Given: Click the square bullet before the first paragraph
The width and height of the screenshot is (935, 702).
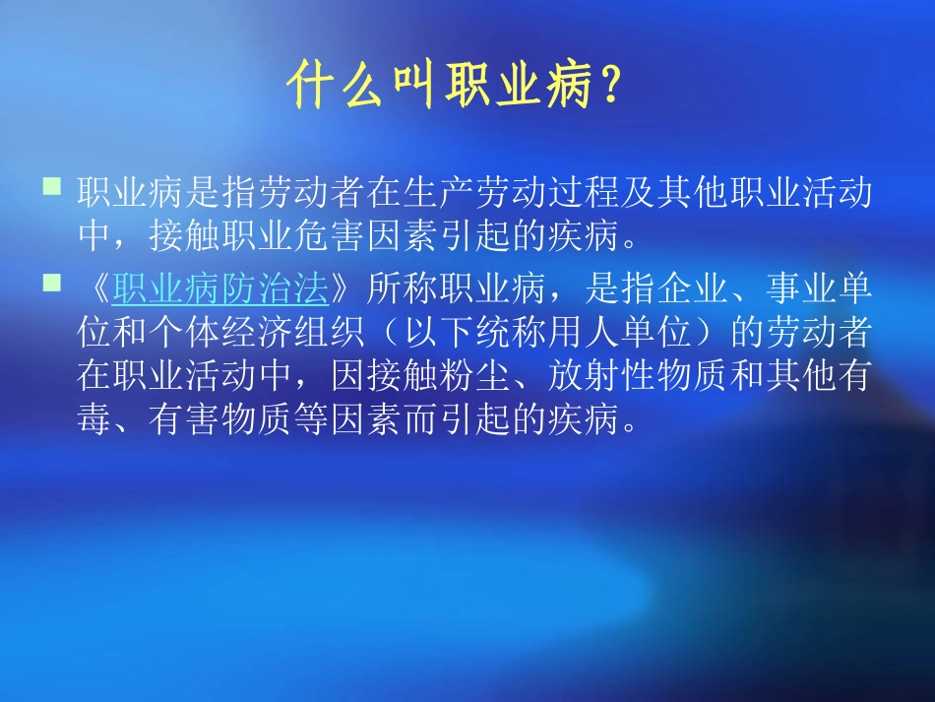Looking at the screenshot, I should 52,185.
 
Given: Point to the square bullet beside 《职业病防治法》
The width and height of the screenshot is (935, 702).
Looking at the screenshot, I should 52,284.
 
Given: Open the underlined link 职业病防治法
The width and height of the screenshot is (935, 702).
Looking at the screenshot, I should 219,289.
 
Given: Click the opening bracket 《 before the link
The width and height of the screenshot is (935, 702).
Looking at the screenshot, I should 95,289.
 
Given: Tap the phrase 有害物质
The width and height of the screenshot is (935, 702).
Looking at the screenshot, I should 220,421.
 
